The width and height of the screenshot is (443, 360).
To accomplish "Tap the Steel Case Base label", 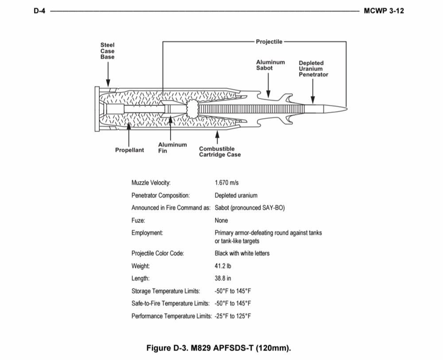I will (x=107, y=51).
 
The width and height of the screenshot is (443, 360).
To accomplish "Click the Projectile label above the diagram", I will (x=269, y=42).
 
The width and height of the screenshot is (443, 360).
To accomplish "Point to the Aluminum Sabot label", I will (x=270, y=65).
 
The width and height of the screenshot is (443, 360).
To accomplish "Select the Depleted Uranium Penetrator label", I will (x=313, y=69).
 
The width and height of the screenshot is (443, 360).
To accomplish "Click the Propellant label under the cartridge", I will (x=129, y=150).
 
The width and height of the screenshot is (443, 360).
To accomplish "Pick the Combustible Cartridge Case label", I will (x=220, y=152).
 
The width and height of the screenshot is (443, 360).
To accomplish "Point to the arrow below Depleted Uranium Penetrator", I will (x=313, y=93).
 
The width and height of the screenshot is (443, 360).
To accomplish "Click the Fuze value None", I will (x=221, y=220).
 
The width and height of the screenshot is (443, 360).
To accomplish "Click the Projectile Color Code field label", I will (x=157, y=254).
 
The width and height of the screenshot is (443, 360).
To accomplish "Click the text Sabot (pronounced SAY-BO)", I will (x=249, y=208).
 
